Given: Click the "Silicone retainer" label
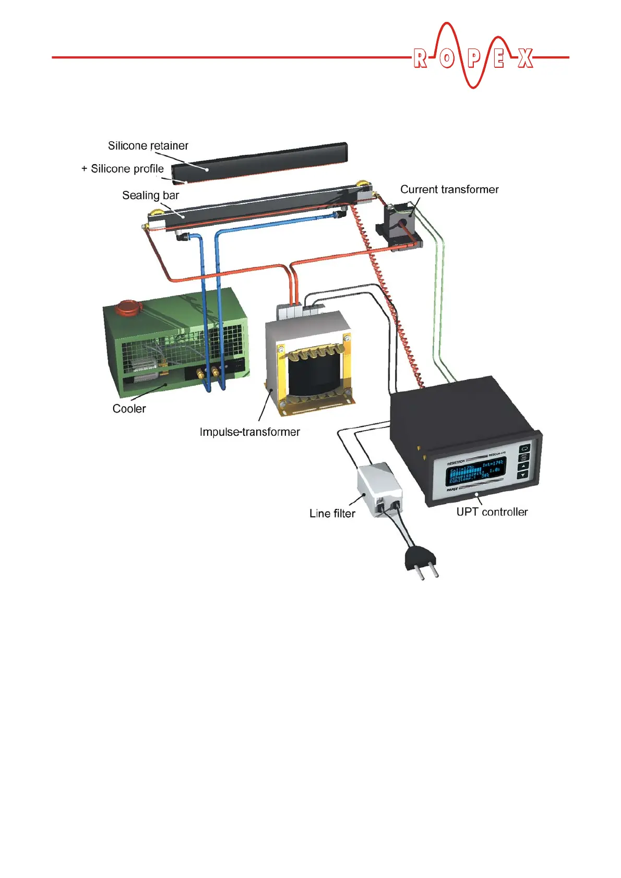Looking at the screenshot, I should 148,145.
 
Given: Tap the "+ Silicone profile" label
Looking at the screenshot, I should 123,168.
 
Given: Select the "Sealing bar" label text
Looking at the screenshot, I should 150,195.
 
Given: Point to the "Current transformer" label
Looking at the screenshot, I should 449,189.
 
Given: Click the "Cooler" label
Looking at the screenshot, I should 129,408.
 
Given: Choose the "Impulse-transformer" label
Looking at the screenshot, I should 249,432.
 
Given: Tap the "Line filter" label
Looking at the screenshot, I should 332,513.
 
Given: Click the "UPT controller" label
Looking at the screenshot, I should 492,511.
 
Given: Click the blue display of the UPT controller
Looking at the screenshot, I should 475,472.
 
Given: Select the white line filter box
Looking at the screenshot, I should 379,487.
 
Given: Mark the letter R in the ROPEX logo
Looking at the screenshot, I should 420,58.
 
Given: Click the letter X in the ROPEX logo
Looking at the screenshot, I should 526,58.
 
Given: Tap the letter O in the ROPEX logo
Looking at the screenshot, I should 447,58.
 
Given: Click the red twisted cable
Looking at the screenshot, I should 387,292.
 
